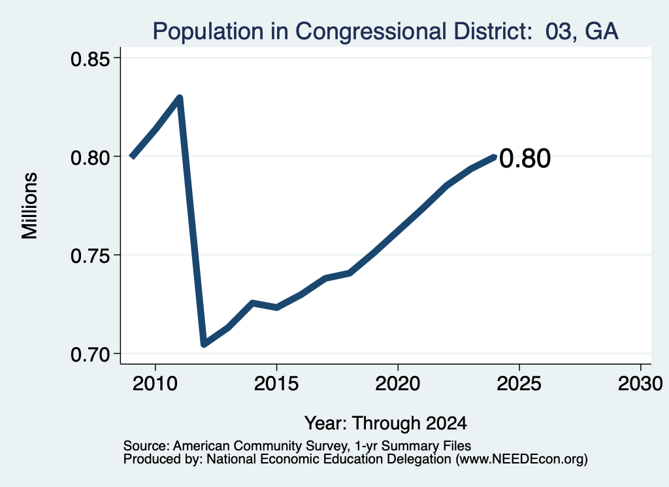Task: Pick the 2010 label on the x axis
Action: [x=155, y=384]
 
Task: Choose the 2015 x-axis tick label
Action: [x=276, y=384]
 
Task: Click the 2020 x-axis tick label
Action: [x=398, y=384]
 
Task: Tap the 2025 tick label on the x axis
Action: [x=519, y=384]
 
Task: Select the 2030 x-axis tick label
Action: [x=640, y=384]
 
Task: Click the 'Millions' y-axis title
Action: [x=30, y=206]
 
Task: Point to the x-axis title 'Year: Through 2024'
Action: [x=385, y=424]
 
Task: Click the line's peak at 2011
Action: [x=180, y=98]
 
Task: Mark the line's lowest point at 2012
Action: [x=204, y=344]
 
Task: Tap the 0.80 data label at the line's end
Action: [x=525, y=159]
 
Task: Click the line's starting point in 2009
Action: [x=132, y=157]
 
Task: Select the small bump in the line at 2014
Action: [x=253, y=303]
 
